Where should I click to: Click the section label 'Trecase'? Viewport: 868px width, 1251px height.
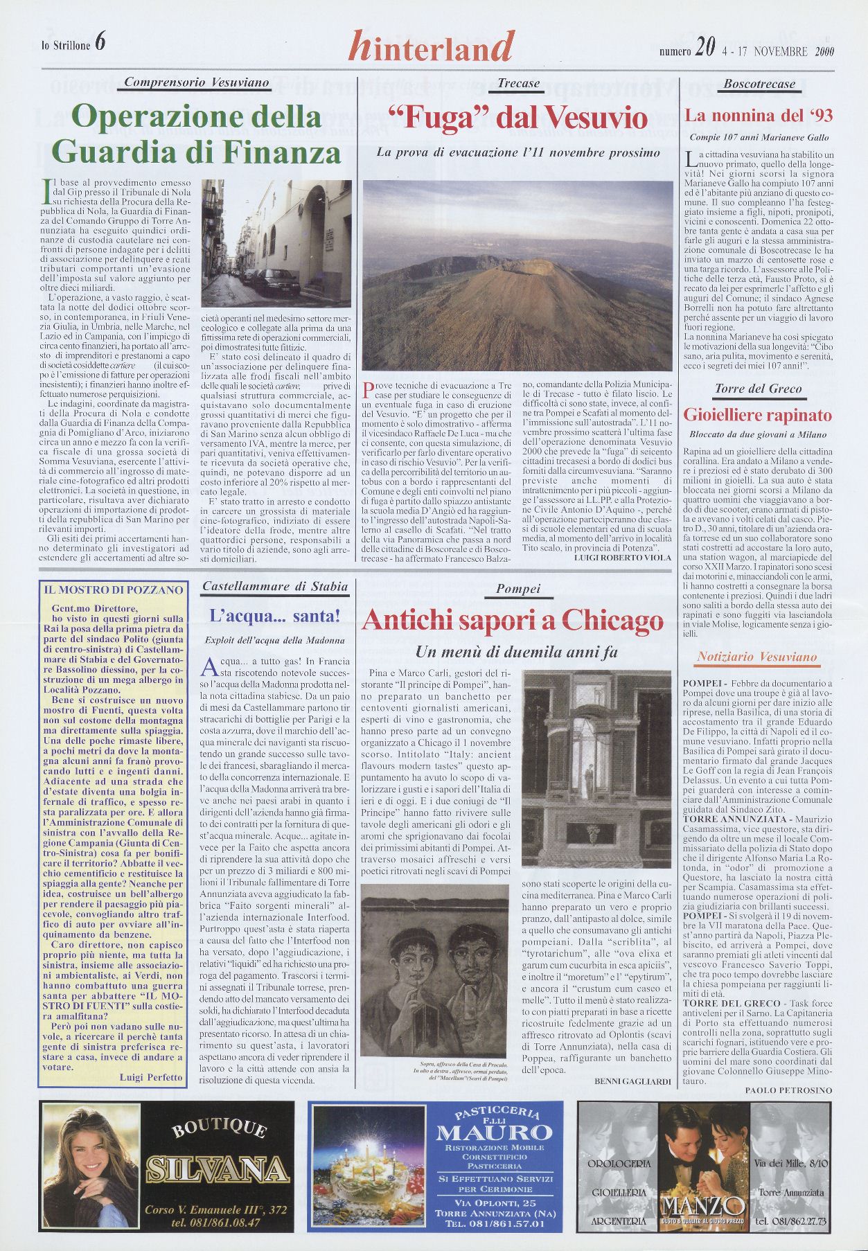[x=518, y=84]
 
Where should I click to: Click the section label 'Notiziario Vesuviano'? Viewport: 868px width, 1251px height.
[x=757, y=657]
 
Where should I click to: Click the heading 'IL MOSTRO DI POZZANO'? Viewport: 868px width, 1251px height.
[x=113, y=590]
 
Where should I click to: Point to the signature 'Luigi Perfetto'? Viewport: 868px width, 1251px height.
[x=151, y=1077]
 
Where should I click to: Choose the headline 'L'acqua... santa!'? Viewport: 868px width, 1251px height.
[x=274, y=614]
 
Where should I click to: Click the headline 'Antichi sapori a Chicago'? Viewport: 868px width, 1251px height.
[x=512, y=620]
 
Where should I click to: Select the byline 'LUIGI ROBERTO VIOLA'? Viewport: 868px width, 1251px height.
[x=623, y=557]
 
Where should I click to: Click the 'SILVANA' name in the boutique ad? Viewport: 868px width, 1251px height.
[x=218, y=1169]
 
